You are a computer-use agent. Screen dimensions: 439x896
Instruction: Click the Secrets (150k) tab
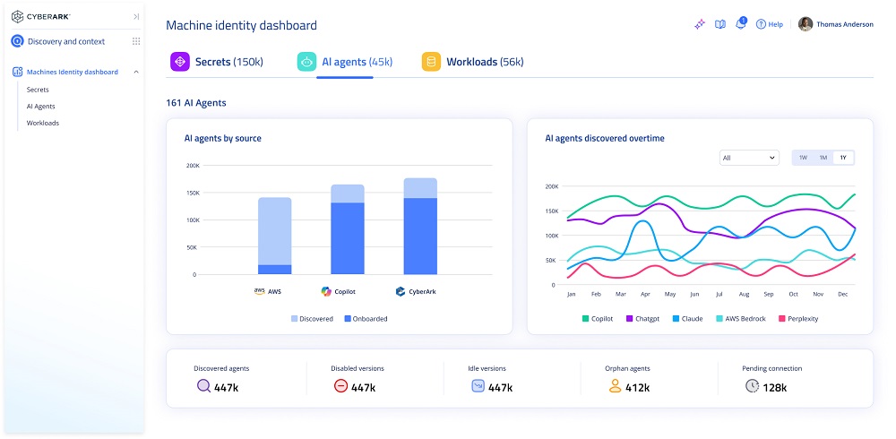pyautogui.click(x=217, y=62)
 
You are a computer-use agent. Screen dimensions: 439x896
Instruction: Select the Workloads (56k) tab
pyautogui.click(x=472, y=62)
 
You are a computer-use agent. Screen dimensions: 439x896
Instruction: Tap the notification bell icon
pyautogui.click(x=740, y=24)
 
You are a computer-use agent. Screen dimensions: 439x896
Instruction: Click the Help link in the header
pyautogui.click(x=770, y=24)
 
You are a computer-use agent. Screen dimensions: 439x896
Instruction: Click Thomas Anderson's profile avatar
pyautogui.click(x=806, y=24)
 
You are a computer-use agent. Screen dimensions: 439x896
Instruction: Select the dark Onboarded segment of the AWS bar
pyautogui.click(x=274, y=270)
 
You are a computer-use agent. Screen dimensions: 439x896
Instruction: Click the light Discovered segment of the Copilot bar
pyautogui.click(x=348, y=194)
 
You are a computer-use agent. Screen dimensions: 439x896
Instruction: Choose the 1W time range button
pyautogui.click(x=803, y=158)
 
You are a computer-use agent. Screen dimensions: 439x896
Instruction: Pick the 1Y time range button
pyautogui.click(x=842, y=158)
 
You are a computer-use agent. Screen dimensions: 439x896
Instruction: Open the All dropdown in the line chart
pyautogui.click(x=749, y=158)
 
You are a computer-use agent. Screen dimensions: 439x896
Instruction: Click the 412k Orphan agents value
pyautogui.click(x=637, y=388)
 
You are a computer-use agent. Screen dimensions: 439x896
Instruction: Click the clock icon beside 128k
pyautogui.click(x=752, y=386)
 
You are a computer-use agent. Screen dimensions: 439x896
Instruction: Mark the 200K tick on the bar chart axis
pyautogui.click(x=193, y=166)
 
